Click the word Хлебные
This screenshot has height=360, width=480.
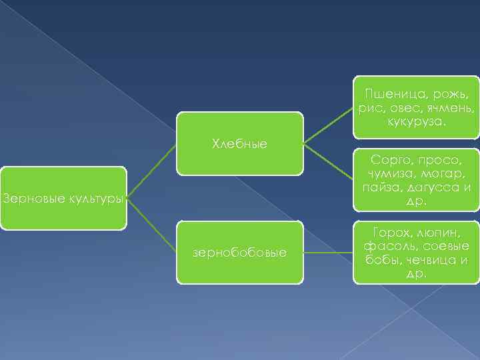pyautogui.click(x=239, y=143)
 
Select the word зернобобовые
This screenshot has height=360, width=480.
pyautogui.click(x=239, y=253)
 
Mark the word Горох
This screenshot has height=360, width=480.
pyautogui.click(x=385, y=231)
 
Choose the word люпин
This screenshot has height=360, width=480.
pyautogui.click(x=437, y=231)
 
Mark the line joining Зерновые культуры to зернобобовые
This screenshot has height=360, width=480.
pyautogui.click(x=151, y=225)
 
